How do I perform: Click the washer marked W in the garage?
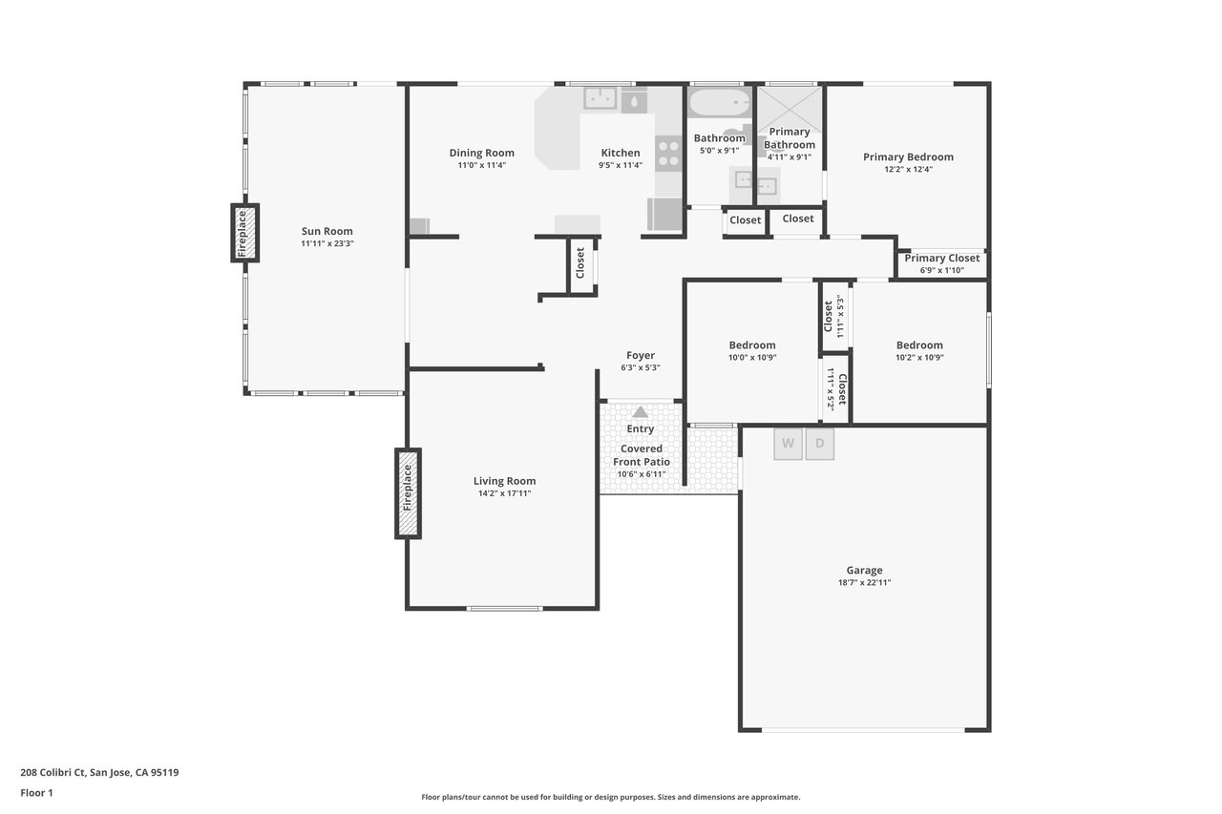pyautogui.click(x=788, y=444)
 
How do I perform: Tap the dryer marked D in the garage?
pyautogui.click(x=819, y=444)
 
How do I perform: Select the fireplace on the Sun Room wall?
pyautogui.click(x=245, y=233)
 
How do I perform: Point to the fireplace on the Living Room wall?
pyautogui.click(x=408, y=494)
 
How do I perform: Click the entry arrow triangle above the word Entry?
pyautogui.click(x=640, y=411)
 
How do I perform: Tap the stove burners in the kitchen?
pyautogui.click(x=669, y=154)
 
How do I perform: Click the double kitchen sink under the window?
pyautogui.click(x=600, y=98)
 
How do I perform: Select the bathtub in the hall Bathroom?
pyautogui.click(x=719, y=102)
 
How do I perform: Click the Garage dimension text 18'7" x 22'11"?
pyautogui.click(x=865, y=582)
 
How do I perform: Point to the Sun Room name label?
pyautogui.click(x=327, y=231)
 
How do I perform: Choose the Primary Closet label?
pyautogui.click(x=942, y=258)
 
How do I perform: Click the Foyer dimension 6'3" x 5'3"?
pyautogui.click(x=641, y=367)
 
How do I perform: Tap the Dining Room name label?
pyautogui.click(x=482, y=153)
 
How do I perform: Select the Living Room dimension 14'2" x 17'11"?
pyautogui.click(x=505, y=493)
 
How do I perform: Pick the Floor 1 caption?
pyautogui.click(x=36, y=793)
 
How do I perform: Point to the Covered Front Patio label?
pyautogui.click(x=642, y=455)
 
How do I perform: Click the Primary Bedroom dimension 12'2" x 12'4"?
pyautogui.click(x=908, y=169)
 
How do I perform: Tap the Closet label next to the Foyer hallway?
pyautogui.click(x=579, y=262)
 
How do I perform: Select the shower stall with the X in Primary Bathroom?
pyautogui.click(x=790, y=109)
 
